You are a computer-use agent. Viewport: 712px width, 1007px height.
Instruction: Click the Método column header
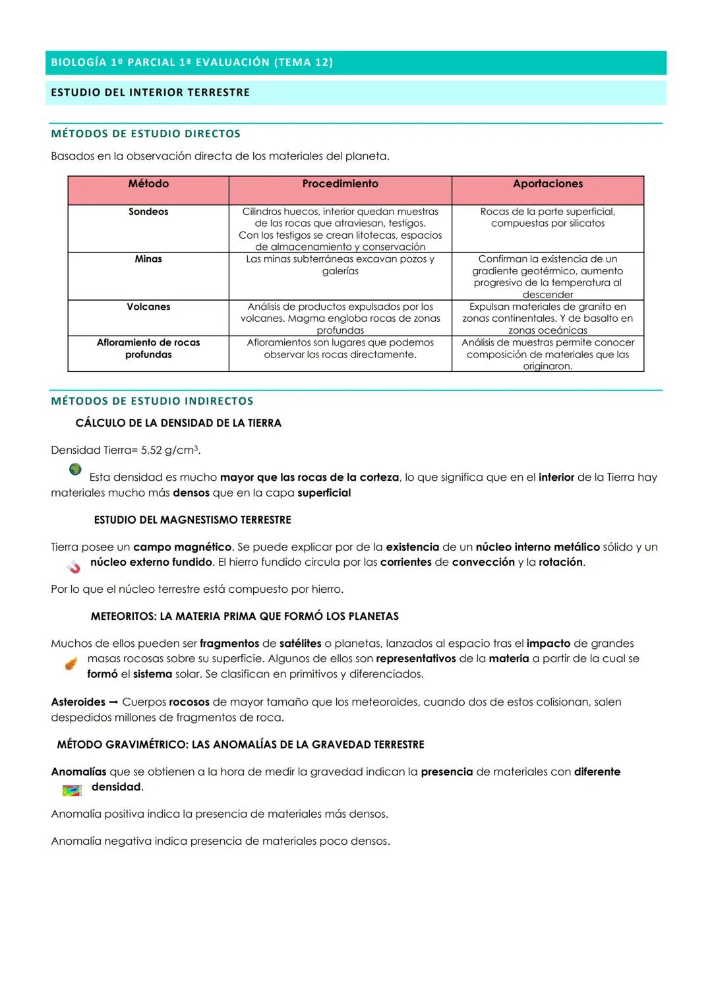pyautogui.click(x=148, y=184)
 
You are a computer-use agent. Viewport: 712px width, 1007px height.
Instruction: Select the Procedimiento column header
pyautogui.click(x=340, y=184)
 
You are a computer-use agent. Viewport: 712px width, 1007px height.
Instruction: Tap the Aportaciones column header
pyautogui.click(x=548, y=184)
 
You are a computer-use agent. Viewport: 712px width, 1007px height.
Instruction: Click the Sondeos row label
pyautogui.click(x=148, y=212)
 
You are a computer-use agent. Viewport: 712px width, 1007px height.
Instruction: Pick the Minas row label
pyautogui.click(x=148, y=259)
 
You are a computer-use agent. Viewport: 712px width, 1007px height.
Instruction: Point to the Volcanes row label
pyautogui.click(x=148, y=307)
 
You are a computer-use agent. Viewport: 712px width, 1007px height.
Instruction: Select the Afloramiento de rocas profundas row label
pyautogui.click(x=148, y=348)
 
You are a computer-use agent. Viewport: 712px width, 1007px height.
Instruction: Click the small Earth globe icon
pyautogui.click(x=75, y=469)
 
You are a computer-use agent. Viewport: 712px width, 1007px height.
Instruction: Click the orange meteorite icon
pyautogui.click(x=71, y=663)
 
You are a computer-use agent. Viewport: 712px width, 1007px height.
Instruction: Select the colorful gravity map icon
pyautogui.click(x=71, y=790)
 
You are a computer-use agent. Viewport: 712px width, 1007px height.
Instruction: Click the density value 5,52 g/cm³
pyautogui.click(x=169, y=450)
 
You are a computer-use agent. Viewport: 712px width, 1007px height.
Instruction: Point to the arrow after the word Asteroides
pyautogui.click(x=113, y=702)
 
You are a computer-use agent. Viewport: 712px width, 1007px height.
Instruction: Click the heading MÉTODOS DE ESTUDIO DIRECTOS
pyautogui.click(x=146, y=134)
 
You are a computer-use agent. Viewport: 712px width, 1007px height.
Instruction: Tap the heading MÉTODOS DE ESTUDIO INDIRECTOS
pyautogui.click(x=152, y=401)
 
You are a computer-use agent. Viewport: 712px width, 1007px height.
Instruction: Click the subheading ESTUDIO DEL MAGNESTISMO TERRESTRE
pyautogui.click(x=193, y=520)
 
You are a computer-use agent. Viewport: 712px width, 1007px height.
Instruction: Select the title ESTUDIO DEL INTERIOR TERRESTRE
pyautogui.click(x=150, y=92)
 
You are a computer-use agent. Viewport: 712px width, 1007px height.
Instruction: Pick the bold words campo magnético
pyautogui.click(x=182, y=547)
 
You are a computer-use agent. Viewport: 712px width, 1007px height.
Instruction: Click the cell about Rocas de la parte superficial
pyautogui.click(x=548, y=218)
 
